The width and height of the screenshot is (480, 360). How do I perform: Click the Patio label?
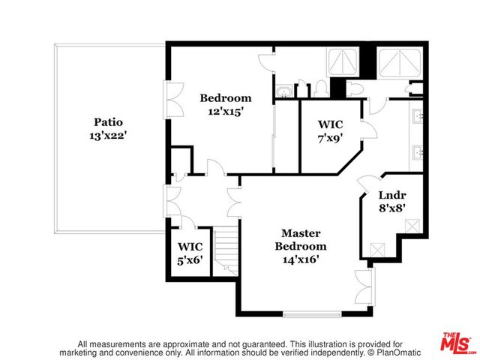tap(108, 121)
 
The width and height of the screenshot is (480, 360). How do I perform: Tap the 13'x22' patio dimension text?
tap(108, 136)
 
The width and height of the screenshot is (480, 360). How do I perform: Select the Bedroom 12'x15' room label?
tap(225, 104)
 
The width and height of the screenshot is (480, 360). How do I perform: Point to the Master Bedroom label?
tap(304, 239)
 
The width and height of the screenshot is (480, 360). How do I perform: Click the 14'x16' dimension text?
tap(304, 259)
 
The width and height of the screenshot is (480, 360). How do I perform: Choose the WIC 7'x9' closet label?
tap(331, 130)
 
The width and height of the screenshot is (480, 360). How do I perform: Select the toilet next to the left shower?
tap(319, 88)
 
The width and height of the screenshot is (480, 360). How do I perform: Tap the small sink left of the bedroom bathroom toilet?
tap(284, 92)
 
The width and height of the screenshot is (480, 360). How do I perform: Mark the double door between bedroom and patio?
tap(172, 99)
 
